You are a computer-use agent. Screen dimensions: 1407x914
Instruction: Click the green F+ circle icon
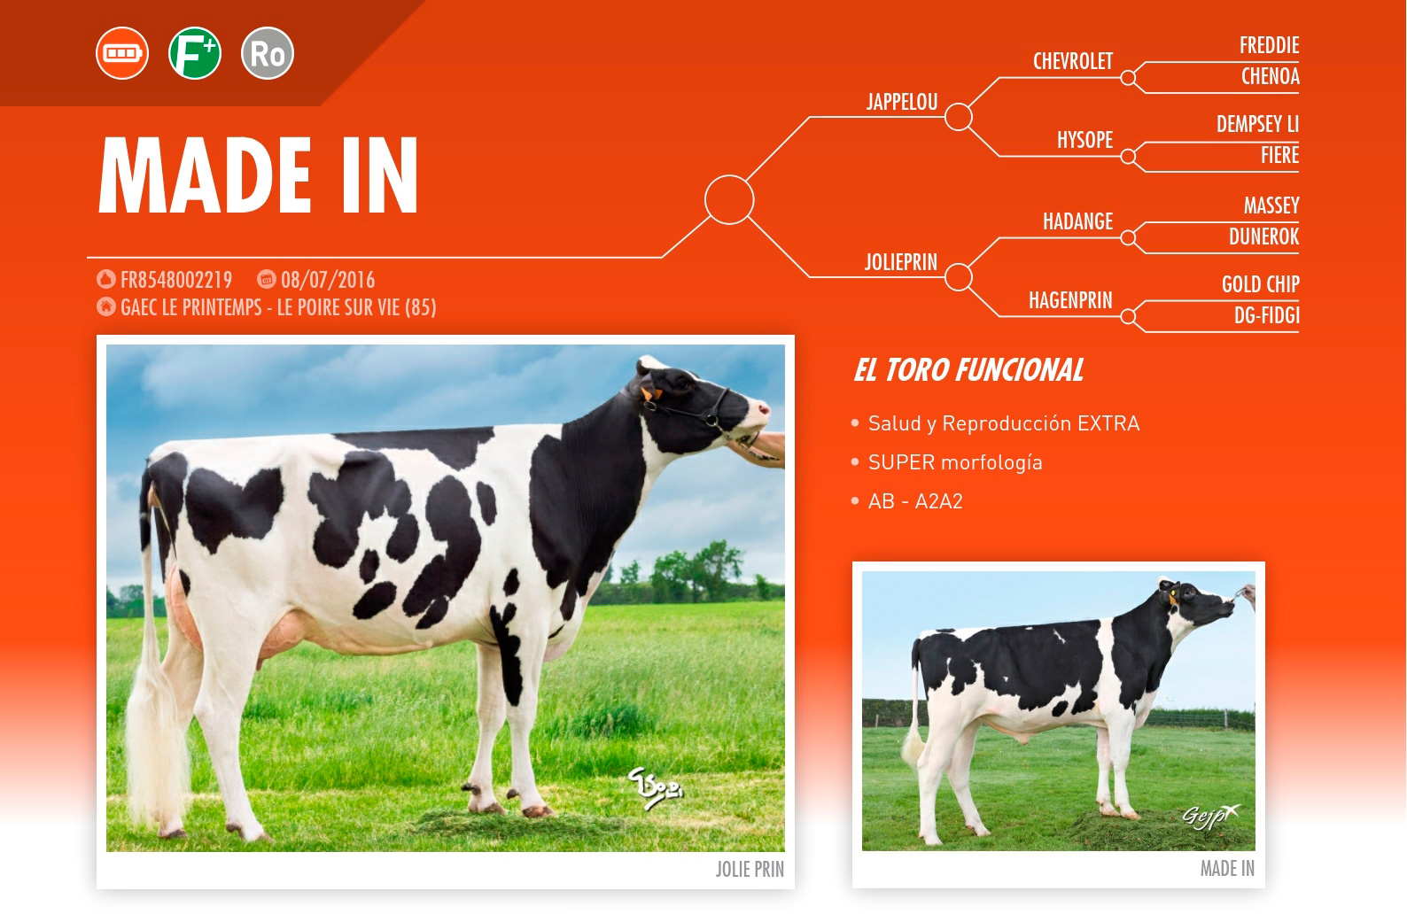[x=195, y=53]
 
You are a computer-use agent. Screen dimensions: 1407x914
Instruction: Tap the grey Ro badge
[x=268, y=53]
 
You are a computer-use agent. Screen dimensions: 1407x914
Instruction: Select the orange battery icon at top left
[x=122, y=53]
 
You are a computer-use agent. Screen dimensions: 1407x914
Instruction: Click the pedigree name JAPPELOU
[x=902, y=102]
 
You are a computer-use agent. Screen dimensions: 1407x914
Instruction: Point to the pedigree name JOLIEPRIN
[x=901, y=262]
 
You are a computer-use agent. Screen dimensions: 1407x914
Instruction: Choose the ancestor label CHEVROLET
[x=1073, y=61]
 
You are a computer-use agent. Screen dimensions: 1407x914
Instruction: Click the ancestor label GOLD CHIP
[x=1260, y=284]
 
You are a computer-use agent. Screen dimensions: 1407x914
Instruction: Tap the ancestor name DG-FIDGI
[x=1266, y=315]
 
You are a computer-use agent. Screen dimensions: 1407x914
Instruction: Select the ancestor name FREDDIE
[x=1269, y=45]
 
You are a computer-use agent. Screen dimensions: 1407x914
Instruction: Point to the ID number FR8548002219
[x=175, y=280]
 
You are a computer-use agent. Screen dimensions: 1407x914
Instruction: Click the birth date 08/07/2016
[x=328, y=280]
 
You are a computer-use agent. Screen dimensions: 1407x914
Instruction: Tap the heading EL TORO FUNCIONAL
[x=968, y=369]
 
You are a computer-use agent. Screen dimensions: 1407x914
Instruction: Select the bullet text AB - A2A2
[x=915, y=501]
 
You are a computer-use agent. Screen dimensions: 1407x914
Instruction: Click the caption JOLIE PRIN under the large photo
[x=750, y=870]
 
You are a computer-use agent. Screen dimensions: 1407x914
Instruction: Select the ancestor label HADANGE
[x=1078, y=221]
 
